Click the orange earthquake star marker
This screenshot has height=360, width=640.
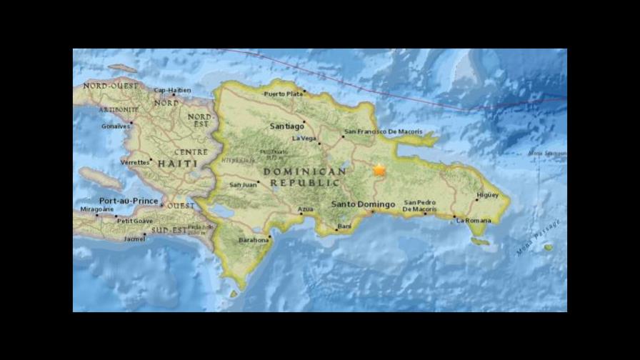coord(379,170)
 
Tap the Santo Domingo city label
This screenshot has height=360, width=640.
coord(364,205)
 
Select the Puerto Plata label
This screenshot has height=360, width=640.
coord(283,94)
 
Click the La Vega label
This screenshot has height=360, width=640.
coord(304,139)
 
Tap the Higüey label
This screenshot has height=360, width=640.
coord(487,194)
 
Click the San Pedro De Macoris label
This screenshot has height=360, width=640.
coord(419,206)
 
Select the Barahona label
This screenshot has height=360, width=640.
coord(254,240)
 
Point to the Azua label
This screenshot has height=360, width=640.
coord(305,209)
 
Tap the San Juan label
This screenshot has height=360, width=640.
coord(243,185)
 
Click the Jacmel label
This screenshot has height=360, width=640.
coord(134,238)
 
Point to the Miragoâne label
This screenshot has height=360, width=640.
coord(96,209)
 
